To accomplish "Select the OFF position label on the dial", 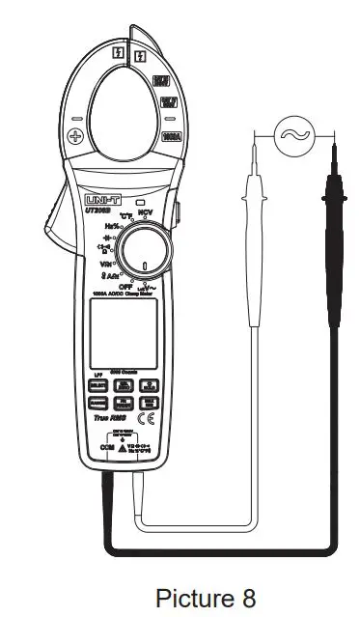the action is pos(125,287).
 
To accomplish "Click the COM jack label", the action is pos(108,449).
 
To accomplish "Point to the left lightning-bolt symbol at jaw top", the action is pos(118,55).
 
